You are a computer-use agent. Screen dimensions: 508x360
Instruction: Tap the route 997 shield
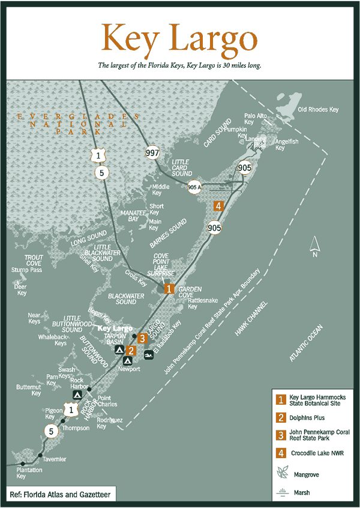152,153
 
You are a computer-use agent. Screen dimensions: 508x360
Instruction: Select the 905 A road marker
193,186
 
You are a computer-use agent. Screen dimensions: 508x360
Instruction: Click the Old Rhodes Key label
318,109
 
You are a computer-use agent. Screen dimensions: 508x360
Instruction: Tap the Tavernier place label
53,459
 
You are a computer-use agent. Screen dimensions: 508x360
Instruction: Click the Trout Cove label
34,260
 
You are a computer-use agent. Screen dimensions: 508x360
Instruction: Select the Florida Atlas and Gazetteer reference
58,494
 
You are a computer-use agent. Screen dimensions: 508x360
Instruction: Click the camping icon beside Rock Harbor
78,395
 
